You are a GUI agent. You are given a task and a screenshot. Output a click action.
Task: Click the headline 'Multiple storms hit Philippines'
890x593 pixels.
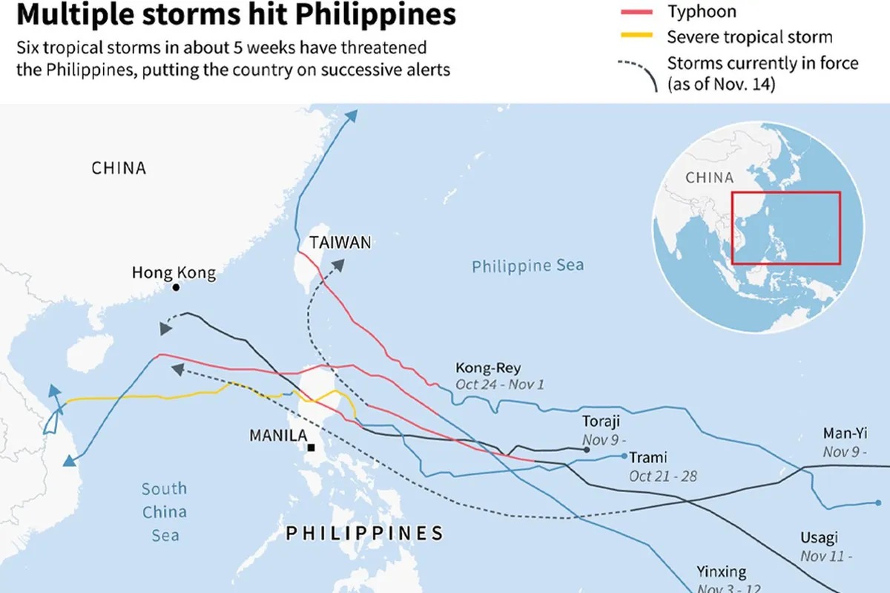click(236, 14)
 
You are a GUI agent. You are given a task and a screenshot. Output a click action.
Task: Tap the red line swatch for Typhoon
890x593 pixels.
click(636, 13)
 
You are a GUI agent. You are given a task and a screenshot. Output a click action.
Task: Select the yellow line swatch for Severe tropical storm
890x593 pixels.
click(636, 36)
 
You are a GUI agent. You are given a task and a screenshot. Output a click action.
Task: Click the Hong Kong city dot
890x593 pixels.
click(177, 287)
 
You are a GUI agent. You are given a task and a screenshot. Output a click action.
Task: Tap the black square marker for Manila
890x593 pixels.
click(311, 448)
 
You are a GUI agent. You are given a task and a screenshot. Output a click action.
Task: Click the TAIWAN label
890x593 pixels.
click(340, 243)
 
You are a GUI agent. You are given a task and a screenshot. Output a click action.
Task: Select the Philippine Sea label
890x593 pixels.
click(528, 266)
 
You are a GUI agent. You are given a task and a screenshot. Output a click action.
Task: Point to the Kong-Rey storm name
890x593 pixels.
click(488, 368)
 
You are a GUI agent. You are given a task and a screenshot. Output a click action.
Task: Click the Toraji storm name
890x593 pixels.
click(601, 422)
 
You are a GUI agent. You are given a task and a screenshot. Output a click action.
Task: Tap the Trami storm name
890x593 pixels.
click(648, 457)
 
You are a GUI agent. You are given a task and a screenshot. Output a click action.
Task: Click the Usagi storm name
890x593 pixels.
click(819, 538)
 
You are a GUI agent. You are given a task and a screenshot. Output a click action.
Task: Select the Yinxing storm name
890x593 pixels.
click(721, 571)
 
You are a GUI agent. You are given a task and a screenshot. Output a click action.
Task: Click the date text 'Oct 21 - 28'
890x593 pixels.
click(663, 476)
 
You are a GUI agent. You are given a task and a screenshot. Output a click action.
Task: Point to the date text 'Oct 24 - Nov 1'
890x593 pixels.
click(501, 384)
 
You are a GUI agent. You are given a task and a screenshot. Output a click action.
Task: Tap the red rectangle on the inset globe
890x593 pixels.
click(785, 228)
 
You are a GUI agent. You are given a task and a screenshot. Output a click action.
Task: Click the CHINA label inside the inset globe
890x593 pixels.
click(709, 178)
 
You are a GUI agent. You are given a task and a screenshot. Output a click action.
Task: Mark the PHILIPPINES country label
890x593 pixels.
click(364, 533)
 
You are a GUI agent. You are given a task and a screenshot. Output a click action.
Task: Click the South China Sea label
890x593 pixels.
click(165, 511)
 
